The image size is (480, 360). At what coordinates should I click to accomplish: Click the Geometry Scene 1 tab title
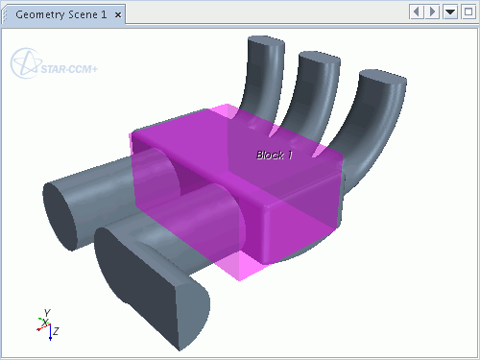60,14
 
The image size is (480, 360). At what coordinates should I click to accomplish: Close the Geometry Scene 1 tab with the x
118,15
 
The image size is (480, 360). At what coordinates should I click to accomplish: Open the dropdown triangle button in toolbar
450,12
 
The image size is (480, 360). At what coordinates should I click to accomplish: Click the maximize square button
468,12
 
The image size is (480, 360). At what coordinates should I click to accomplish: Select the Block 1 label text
275,156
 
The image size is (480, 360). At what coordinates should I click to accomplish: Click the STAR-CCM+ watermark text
69,69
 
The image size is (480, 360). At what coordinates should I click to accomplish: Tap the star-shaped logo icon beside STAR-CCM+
26,63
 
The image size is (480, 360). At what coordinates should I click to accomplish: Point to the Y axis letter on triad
47,313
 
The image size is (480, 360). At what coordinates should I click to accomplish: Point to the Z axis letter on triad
56,331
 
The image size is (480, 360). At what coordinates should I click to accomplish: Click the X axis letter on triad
46,323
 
